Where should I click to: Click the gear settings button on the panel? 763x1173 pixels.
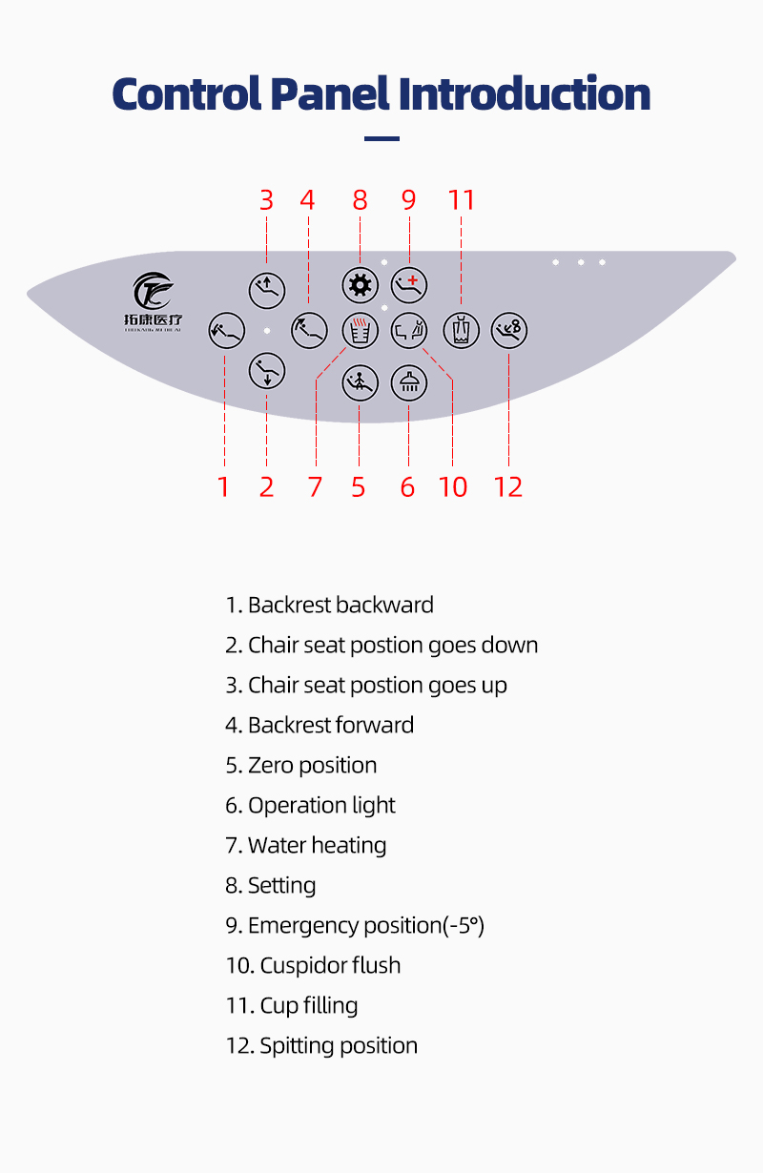coord(360,284)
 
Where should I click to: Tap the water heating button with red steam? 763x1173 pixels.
coord(360,331)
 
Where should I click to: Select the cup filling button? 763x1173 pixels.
coord(462,331)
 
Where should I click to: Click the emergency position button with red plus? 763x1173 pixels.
coord(409,284)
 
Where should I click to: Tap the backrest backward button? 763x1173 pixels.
coord(225,331)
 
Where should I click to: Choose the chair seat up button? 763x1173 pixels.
coord(267,287)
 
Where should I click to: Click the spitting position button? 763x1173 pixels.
coord(509,331)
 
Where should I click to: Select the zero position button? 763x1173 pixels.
coord(360,382)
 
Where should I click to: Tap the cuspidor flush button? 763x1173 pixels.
coord(409,331)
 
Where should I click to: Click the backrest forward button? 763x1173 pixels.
coord(309,331)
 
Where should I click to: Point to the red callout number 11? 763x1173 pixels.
coord(462,200)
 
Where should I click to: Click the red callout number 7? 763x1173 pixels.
coord(315,487)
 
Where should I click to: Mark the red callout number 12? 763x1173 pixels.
coord(508,487)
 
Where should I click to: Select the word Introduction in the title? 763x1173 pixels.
coord(525,94)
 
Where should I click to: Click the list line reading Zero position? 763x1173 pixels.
coord(301,765)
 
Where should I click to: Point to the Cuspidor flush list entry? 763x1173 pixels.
coord(314,965)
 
